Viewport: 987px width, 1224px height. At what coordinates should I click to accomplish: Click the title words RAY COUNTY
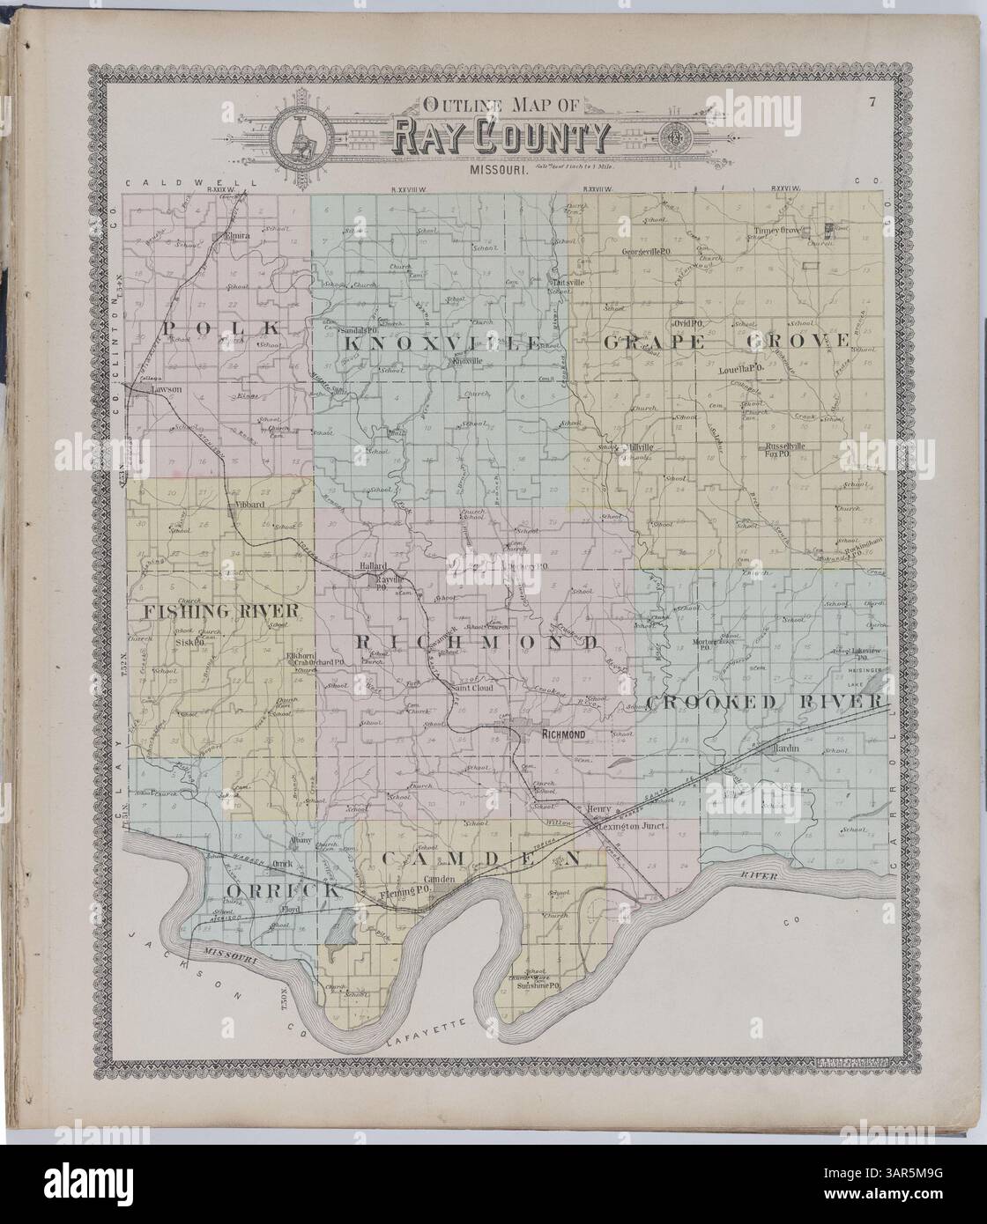(501, 136)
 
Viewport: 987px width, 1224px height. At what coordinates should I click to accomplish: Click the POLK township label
(221, 328)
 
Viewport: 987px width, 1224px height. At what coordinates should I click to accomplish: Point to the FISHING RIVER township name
(217, 610)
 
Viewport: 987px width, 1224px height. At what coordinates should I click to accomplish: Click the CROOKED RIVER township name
(764, 701)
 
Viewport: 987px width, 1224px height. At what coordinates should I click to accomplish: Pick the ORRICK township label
(283, 891)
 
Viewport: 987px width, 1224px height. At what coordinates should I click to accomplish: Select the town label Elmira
(238, 236)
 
